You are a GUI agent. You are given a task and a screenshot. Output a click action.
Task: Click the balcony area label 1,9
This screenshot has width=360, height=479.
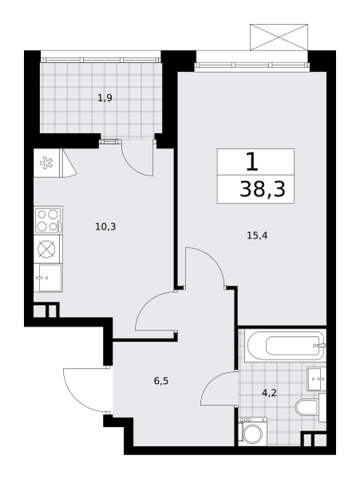[x=105, y=98]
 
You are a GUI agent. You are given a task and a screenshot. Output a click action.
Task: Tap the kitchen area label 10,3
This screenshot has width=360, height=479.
[x=105, y=227]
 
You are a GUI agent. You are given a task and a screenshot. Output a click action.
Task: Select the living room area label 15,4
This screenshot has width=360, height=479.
[x=257, y=236]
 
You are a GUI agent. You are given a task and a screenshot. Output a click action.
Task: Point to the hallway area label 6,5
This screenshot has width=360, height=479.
[x=161, y=381]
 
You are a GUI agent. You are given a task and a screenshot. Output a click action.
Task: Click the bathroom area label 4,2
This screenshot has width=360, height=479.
[x=269, y=393]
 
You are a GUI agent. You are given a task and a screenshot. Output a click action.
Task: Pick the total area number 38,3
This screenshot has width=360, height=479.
[x=263, y=189]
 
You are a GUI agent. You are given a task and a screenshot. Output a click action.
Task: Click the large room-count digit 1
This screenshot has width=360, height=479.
[x=252, y=162]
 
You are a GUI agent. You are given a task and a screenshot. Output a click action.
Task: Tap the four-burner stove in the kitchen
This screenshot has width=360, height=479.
[x=48, y=220]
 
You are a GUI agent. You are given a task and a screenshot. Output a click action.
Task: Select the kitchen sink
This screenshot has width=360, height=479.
[x=48, y=278]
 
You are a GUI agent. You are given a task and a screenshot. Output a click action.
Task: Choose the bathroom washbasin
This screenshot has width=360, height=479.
[x=316, y=379]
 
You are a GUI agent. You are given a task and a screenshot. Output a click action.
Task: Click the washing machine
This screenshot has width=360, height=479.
[x=253, y=431]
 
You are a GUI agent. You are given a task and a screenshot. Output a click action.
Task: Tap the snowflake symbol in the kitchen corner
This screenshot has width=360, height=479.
[x=46, y=163]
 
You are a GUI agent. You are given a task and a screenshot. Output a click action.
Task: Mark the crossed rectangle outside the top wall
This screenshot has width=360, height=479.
[x=279, y=37]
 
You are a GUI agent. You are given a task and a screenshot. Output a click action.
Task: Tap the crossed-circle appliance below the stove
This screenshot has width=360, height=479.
[x=46, y=248]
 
